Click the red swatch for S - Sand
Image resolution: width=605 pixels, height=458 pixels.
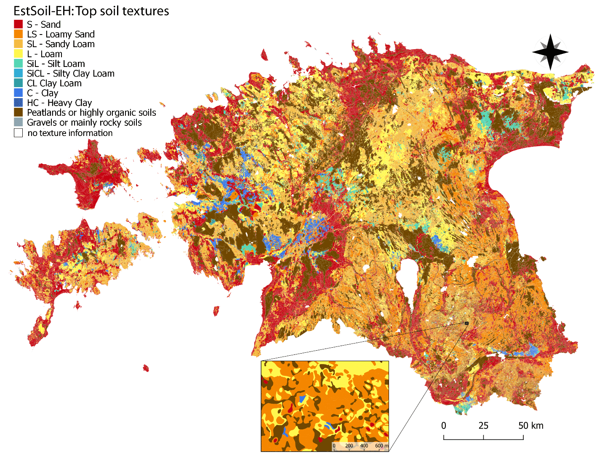coord(18,24)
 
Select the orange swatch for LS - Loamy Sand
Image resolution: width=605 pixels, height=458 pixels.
coord(18,34)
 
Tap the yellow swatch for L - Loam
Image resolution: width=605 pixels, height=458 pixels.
coord(18,54)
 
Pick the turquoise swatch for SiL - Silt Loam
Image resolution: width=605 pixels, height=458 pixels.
coord(18,64)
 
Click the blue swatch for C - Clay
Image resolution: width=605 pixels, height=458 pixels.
coord(18,93)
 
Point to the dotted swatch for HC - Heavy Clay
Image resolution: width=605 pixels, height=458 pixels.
coord(18,103)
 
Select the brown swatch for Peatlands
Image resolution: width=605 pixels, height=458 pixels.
coord(18,112)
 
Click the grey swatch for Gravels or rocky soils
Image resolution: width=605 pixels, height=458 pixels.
coord(18,122)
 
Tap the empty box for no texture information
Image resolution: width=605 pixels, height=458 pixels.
coord(18,133)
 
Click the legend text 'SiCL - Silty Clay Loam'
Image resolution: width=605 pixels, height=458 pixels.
coord(70,74)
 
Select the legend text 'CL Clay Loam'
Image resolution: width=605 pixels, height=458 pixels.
coord(54,83)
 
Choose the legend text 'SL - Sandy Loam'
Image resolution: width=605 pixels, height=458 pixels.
coord(61,44)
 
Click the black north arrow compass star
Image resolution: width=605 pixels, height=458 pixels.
coord(550,52)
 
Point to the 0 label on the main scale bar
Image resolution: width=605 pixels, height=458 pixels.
coord(444,426)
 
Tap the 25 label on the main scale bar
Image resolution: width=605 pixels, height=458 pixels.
coord(483,426)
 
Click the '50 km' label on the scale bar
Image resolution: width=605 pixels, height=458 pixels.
coord(530,426)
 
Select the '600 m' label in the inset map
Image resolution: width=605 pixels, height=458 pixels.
coord(381,446)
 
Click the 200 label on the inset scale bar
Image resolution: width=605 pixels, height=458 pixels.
coord(349,446)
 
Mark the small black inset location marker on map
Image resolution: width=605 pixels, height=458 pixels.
coord(466,323)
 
